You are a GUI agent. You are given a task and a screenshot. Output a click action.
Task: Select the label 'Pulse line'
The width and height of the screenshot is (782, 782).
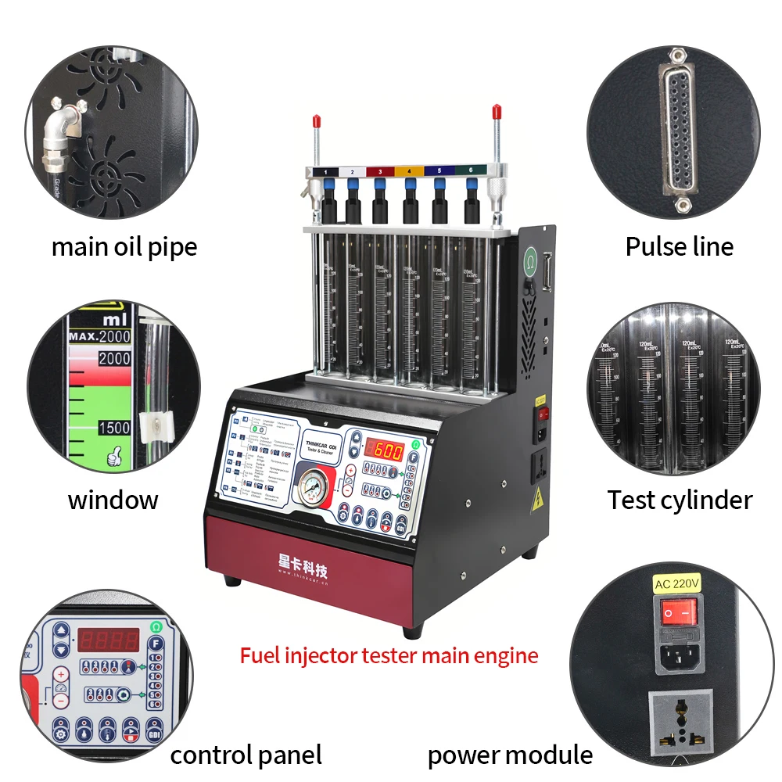[679, 247]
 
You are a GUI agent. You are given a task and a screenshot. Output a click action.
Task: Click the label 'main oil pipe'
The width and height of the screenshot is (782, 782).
[124, 247]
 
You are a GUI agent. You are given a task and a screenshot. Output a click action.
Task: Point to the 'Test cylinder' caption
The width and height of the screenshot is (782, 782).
[680, 500]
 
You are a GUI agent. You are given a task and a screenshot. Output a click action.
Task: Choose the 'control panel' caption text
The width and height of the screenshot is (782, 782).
[246, 755]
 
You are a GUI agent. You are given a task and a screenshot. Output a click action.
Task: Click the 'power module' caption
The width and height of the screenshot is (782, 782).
[510, 755]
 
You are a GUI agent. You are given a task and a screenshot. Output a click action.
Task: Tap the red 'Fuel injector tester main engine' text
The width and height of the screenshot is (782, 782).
[389, 655]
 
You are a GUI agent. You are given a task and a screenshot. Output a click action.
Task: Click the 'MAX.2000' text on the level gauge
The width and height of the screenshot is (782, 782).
[99, 337]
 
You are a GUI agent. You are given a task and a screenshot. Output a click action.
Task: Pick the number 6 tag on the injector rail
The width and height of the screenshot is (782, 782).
[471, 170]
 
